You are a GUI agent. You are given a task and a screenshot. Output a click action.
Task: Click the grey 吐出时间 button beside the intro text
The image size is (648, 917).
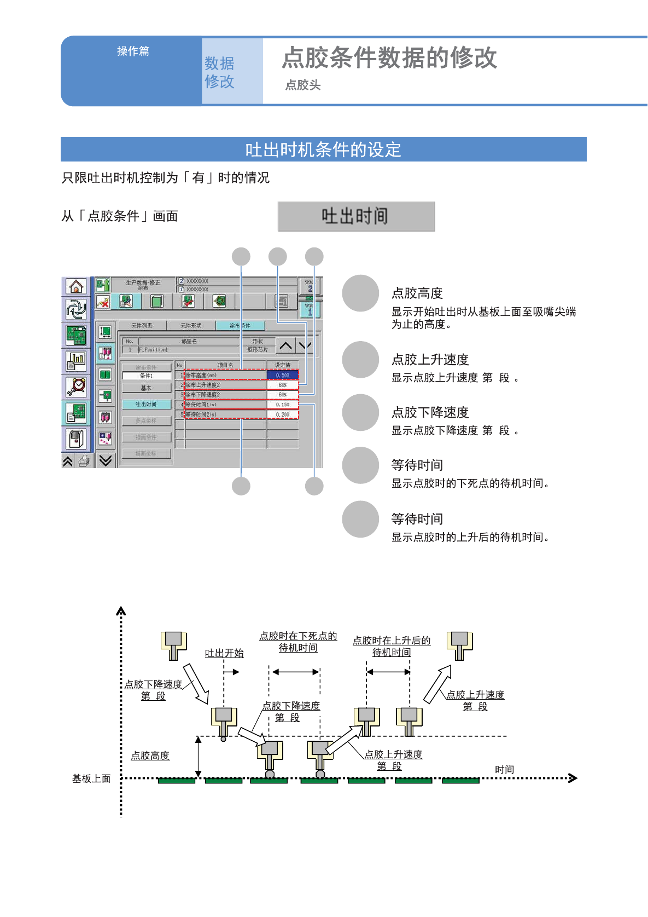356,216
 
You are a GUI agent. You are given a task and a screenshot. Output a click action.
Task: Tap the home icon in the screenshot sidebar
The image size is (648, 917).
76,286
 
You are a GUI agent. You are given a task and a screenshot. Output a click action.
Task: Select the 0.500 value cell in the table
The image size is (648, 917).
283,375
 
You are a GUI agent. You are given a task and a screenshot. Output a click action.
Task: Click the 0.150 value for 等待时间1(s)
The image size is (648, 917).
283,405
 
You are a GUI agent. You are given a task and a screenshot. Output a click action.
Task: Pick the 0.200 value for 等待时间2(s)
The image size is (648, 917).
283,414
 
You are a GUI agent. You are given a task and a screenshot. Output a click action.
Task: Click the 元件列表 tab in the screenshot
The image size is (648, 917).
142,326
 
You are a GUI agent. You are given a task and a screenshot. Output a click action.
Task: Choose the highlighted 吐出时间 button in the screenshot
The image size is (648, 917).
146,404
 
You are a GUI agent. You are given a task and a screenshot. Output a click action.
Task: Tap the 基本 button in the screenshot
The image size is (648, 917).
146,388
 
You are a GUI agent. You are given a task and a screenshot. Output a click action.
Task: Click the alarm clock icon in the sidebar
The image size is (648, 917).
76,387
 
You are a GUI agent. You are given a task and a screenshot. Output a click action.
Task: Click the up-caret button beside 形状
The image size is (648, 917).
285,345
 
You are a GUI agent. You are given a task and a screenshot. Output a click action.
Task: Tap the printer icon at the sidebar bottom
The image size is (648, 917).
84,461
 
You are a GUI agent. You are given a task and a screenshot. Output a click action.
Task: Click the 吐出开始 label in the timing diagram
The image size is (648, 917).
224,653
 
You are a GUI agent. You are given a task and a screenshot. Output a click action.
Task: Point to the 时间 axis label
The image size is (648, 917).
504,769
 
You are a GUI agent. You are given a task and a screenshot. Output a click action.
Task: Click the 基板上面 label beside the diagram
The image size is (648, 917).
91,778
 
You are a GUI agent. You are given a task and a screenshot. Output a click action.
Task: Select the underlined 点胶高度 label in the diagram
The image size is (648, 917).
150,755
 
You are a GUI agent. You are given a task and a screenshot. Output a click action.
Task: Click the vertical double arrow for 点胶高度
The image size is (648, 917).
199,757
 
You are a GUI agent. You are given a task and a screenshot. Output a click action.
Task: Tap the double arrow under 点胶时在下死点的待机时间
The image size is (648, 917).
295,672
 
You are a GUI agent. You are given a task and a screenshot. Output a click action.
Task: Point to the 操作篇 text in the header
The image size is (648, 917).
133,51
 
